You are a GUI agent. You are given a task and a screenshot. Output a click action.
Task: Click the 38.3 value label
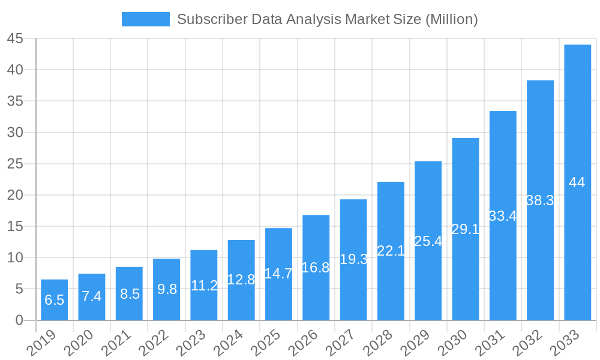539,201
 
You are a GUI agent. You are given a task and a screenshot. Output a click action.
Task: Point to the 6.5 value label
54,300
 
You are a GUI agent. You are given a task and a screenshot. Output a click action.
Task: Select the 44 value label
577,183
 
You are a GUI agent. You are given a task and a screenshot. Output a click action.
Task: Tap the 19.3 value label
353,259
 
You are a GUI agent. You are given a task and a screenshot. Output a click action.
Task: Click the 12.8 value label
241,280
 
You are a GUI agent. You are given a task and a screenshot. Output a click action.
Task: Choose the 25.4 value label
428,241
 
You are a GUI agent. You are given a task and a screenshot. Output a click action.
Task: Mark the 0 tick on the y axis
19,320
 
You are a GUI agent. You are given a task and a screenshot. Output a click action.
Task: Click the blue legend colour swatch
145,19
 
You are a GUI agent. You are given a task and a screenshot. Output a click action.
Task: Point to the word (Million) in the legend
451,19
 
